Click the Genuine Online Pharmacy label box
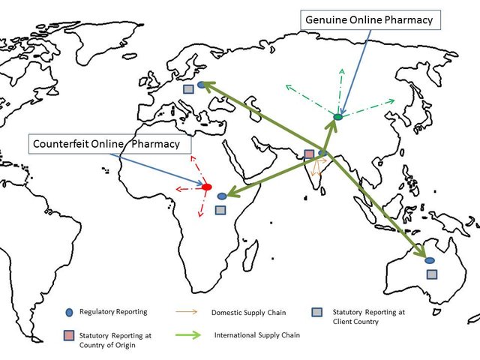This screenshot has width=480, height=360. (x=369, y=20)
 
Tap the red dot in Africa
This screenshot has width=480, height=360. (x=208, y=186)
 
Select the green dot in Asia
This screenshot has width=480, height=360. (x=337, y=117)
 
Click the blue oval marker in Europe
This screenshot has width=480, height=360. (x=201, y=85)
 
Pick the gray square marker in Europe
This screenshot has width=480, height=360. (x=188, y=88)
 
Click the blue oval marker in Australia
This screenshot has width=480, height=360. (x=429, y=261)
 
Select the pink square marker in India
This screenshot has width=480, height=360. (x=309, y=154)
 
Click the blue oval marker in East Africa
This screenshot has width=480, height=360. (x=222, y=196)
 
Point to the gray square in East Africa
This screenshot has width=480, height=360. (x=220, y=210)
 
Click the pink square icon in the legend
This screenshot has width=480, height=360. (x=68, y=335)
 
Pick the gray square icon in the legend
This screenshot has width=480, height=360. (x=318, y=311)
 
